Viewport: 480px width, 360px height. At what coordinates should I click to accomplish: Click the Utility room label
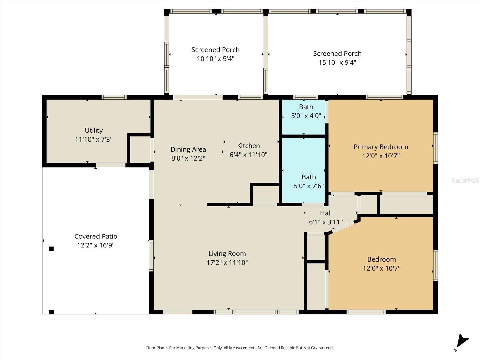point(94,130)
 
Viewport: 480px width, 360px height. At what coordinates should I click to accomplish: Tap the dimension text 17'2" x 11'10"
point(227,262)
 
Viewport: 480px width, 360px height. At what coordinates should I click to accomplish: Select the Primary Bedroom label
point(381,147)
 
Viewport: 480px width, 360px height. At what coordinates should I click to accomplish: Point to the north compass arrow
point(462,341)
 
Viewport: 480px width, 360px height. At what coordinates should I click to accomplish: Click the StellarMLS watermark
point(465,180)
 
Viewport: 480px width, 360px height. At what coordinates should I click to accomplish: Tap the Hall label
point(326,213)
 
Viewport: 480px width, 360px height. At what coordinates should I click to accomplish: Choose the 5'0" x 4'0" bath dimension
point(306,115)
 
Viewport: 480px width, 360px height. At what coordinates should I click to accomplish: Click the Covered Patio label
point(96,236)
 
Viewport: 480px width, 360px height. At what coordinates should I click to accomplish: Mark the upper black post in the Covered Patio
point(51,249)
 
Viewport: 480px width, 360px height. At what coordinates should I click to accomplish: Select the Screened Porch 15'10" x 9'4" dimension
point(337,62)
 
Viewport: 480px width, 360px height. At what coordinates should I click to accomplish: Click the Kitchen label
point(248,146)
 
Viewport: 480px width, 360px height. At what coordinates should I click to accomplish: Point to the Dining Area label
point(188,149)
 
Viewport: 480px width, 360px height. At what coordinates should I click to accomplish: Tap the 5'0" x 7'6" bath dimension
point(309,186)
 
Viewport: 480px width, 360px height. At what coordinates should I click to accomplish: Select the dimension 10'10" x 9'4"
point(215,58)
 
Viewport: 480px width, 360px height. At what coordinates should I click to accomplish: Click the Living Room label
point(227,253)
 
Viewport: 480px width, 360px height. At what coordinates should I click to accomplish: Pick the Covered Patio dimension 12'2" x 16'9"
point(96,245)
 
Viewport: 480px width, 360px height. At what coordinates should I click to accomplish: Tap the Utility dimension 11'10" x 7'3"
point(94,139)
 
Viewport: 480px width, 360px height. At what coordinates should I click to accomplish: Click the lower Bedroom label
point(382,259)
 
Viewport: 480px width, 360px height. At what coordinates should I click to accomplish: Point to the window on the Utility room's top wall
point(114,97)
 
